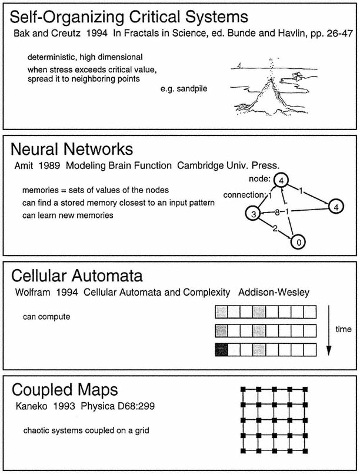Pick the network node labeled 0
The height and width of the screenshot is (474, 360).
(x=299, y=241)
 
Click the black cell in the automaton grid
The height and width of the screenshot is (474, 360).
(x=222, y=350)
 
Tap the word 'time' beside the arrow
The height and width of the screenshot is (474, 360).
(x=340, y=330)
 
